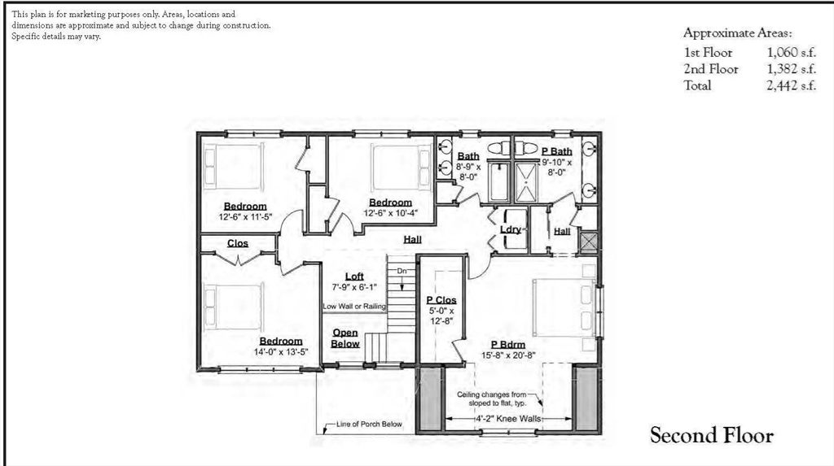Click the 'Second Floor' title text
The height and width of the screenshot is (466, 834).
(711, 436)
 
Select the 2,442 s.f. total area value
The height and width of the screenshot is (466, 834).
(790, 86)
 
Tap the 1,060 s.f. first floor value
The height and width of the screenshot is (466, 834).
(790, 52)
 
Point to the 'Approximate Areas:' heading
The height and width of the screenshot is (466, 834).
(738, 33)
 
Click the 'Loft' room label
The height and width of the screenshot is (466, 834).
(353, 276)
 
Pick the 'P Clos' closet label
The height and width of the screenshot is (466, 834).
(441, 299)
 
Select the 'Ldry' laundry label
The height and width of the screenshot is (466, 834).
(511, 229)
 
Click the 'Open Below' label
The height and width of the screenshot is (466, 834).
(345, 338)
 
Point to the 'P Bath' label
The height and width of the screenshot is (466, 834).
(557, 151)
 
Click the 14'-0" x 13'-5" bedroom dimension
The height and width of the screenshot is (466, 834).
(281, 352)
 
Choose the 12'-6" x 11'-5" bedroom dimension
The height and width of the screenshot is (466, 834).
(245, 217)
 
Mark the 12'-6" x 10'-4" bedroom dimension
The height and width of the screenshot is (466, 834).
(390, 213)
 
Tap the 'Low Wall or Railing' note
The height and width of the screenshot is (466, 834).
(353, 306)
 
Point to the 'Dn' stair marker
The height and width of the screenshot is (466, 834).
(402, 270)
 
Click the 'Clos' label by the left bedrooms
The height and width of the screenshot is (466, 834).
(238, 243)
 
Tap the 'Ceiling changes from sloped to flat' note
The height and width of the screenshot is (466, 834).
(503, 398)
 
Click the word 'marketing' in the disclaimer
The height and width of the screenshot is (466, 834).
(97, 15)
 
